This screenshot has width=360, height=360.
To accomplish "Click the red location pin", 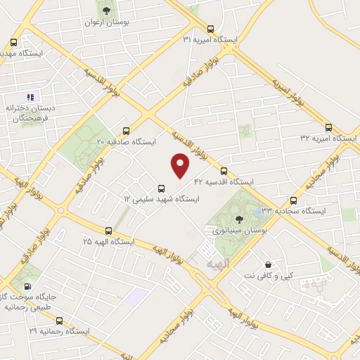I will point(181,166).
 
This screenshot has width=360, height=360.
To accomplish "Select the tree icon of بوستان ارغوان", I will point(106,11).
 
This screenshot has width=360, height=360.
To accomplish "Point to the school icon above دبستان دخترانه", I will point(30,96).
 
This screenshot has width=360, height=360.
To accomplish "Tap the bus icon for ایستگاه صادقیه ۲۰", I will point(127,131).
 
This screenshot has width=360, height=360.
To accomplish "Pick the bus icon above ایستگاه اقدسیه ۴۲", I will point(224,171).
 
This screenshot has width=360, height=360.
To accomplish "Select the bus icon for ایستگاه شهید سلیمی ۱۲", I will point(162,188).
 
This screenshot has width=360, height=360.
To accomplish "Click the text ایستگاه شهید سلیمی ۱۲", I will point(162,199).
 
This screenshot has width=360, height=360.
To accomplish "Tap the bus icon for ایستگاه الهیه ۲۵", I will point(108,231).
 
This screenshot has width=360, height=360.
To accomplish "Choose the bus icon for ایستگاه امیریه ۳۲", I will point(328,127).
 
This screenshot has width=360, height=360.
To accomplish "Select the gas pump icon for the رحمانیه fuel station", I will point(27,286).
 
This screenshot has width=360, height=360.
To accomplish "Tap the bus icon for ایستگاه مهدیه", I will point(13,41).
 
